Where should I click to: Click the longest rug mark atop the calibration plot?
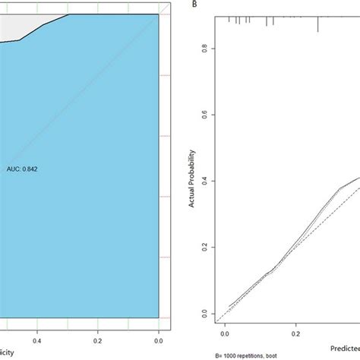[317, 24]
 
